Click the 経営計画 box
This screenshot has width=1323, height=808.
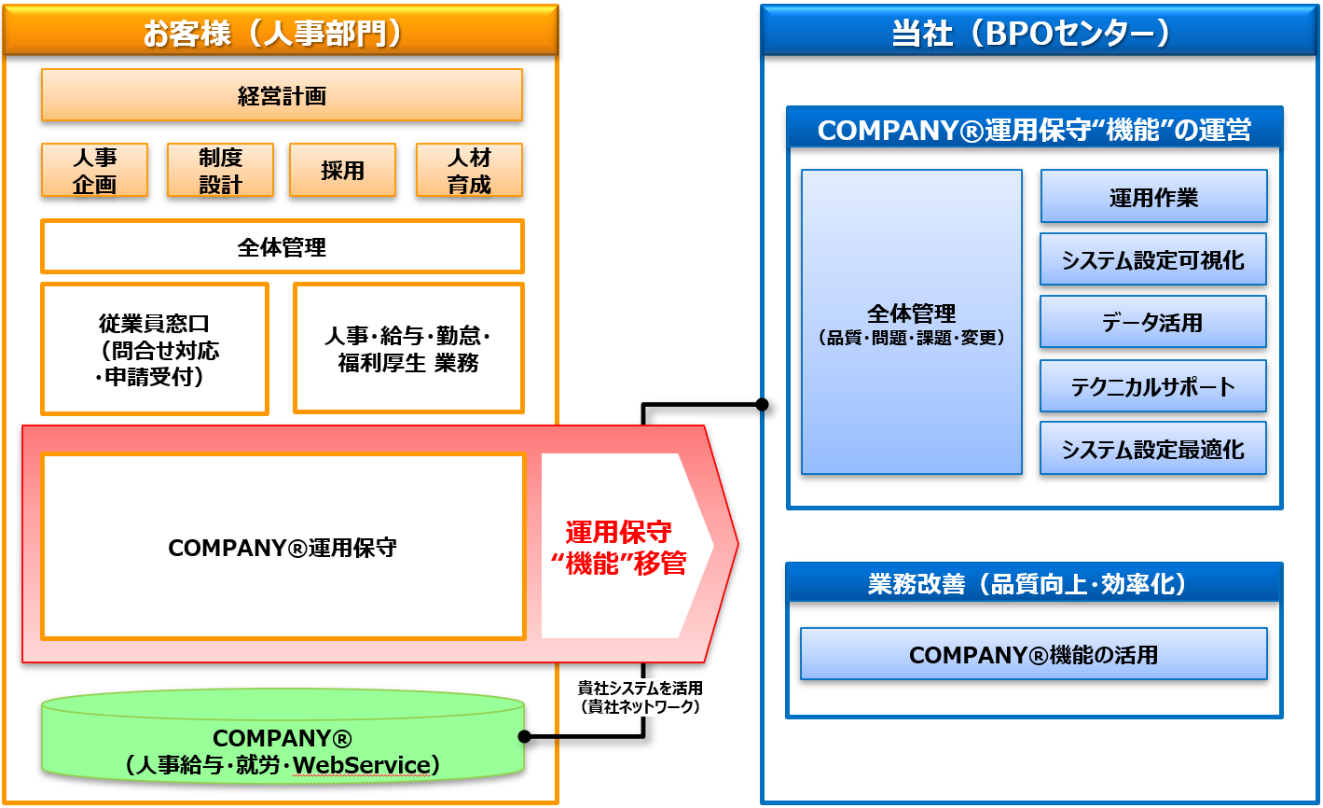[x=282, y=95]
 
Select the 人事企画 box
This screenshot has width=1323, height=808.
[x=94, y=170]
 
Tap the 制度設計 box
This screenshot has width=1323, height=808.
[x=220, y=170]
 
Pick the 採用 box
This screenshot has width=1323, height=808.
[x=342, y=170]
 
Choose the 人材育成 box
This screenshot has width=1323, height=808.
[x=468, y=170]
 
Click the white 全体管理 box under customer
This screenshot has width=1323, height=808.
[x=282, y=247]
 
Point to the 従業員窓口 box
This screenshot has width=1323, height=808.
[x=155, y=349]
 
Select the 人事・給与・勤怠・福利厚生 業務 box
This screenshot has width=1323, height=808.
[x=408, y=348]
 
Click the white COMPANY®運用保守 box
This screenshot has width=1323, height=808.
[x=283, y=548]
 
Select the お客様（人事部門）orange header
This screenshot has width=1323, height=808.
[x=281, y=32]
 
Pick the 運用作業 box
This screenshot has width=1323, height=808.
[x=1153, y=197]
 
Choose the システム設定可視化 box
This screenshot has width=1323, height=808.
[x=1153, y=259]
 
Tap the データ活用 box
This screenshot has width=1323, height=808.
[x=1153, y=323]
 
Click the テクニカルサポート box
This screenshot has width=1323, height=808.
[x=1153, y=386]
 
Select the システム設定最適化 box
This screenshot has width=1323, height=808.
[x=1153, y=449]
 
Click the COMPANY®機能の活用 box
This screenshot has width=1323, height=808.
[x=1033, y=654]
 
